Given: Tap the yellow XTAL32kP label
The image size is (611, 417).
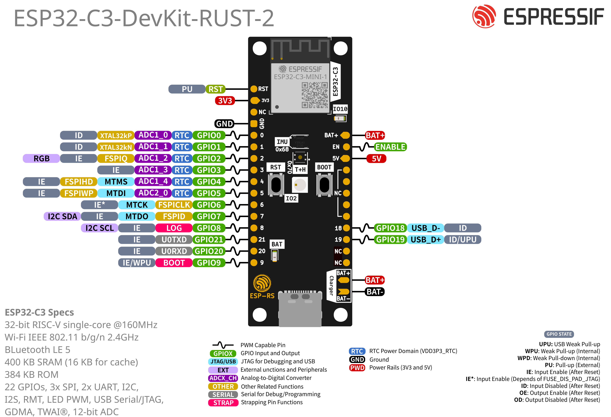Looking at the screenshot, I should (x=116, y=136).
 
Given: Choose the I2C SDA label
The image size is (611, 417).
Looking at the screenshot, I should (x=62, y=216).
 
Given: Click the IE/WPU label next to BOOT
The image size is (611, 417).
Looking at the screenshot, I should (x=137, y=263).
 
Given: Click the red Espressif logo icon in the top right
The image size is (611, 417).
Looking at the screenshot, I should (x=484, y=16).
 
